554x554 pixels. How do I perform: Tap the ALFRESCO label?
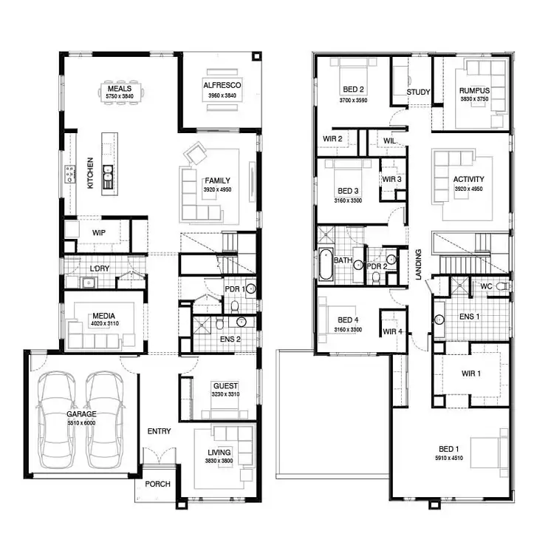[x=222, y=86]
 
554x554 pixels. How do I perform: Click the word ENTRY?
[x=159, y=431]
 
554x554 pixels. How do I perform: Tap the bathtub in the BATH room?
[x=326, y=264]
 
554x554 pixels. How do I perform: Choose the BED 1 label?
[x=448, y=449]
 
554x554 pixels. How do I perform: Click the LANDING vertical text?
[x=418, y=264]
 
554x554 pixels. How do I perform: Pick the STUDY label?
[x=418, y=92]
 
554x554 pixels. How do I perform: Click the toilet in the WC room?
[x=502, y=286]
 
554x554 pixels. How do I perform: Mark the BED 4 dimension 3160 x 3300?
[x=347, y=329]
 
